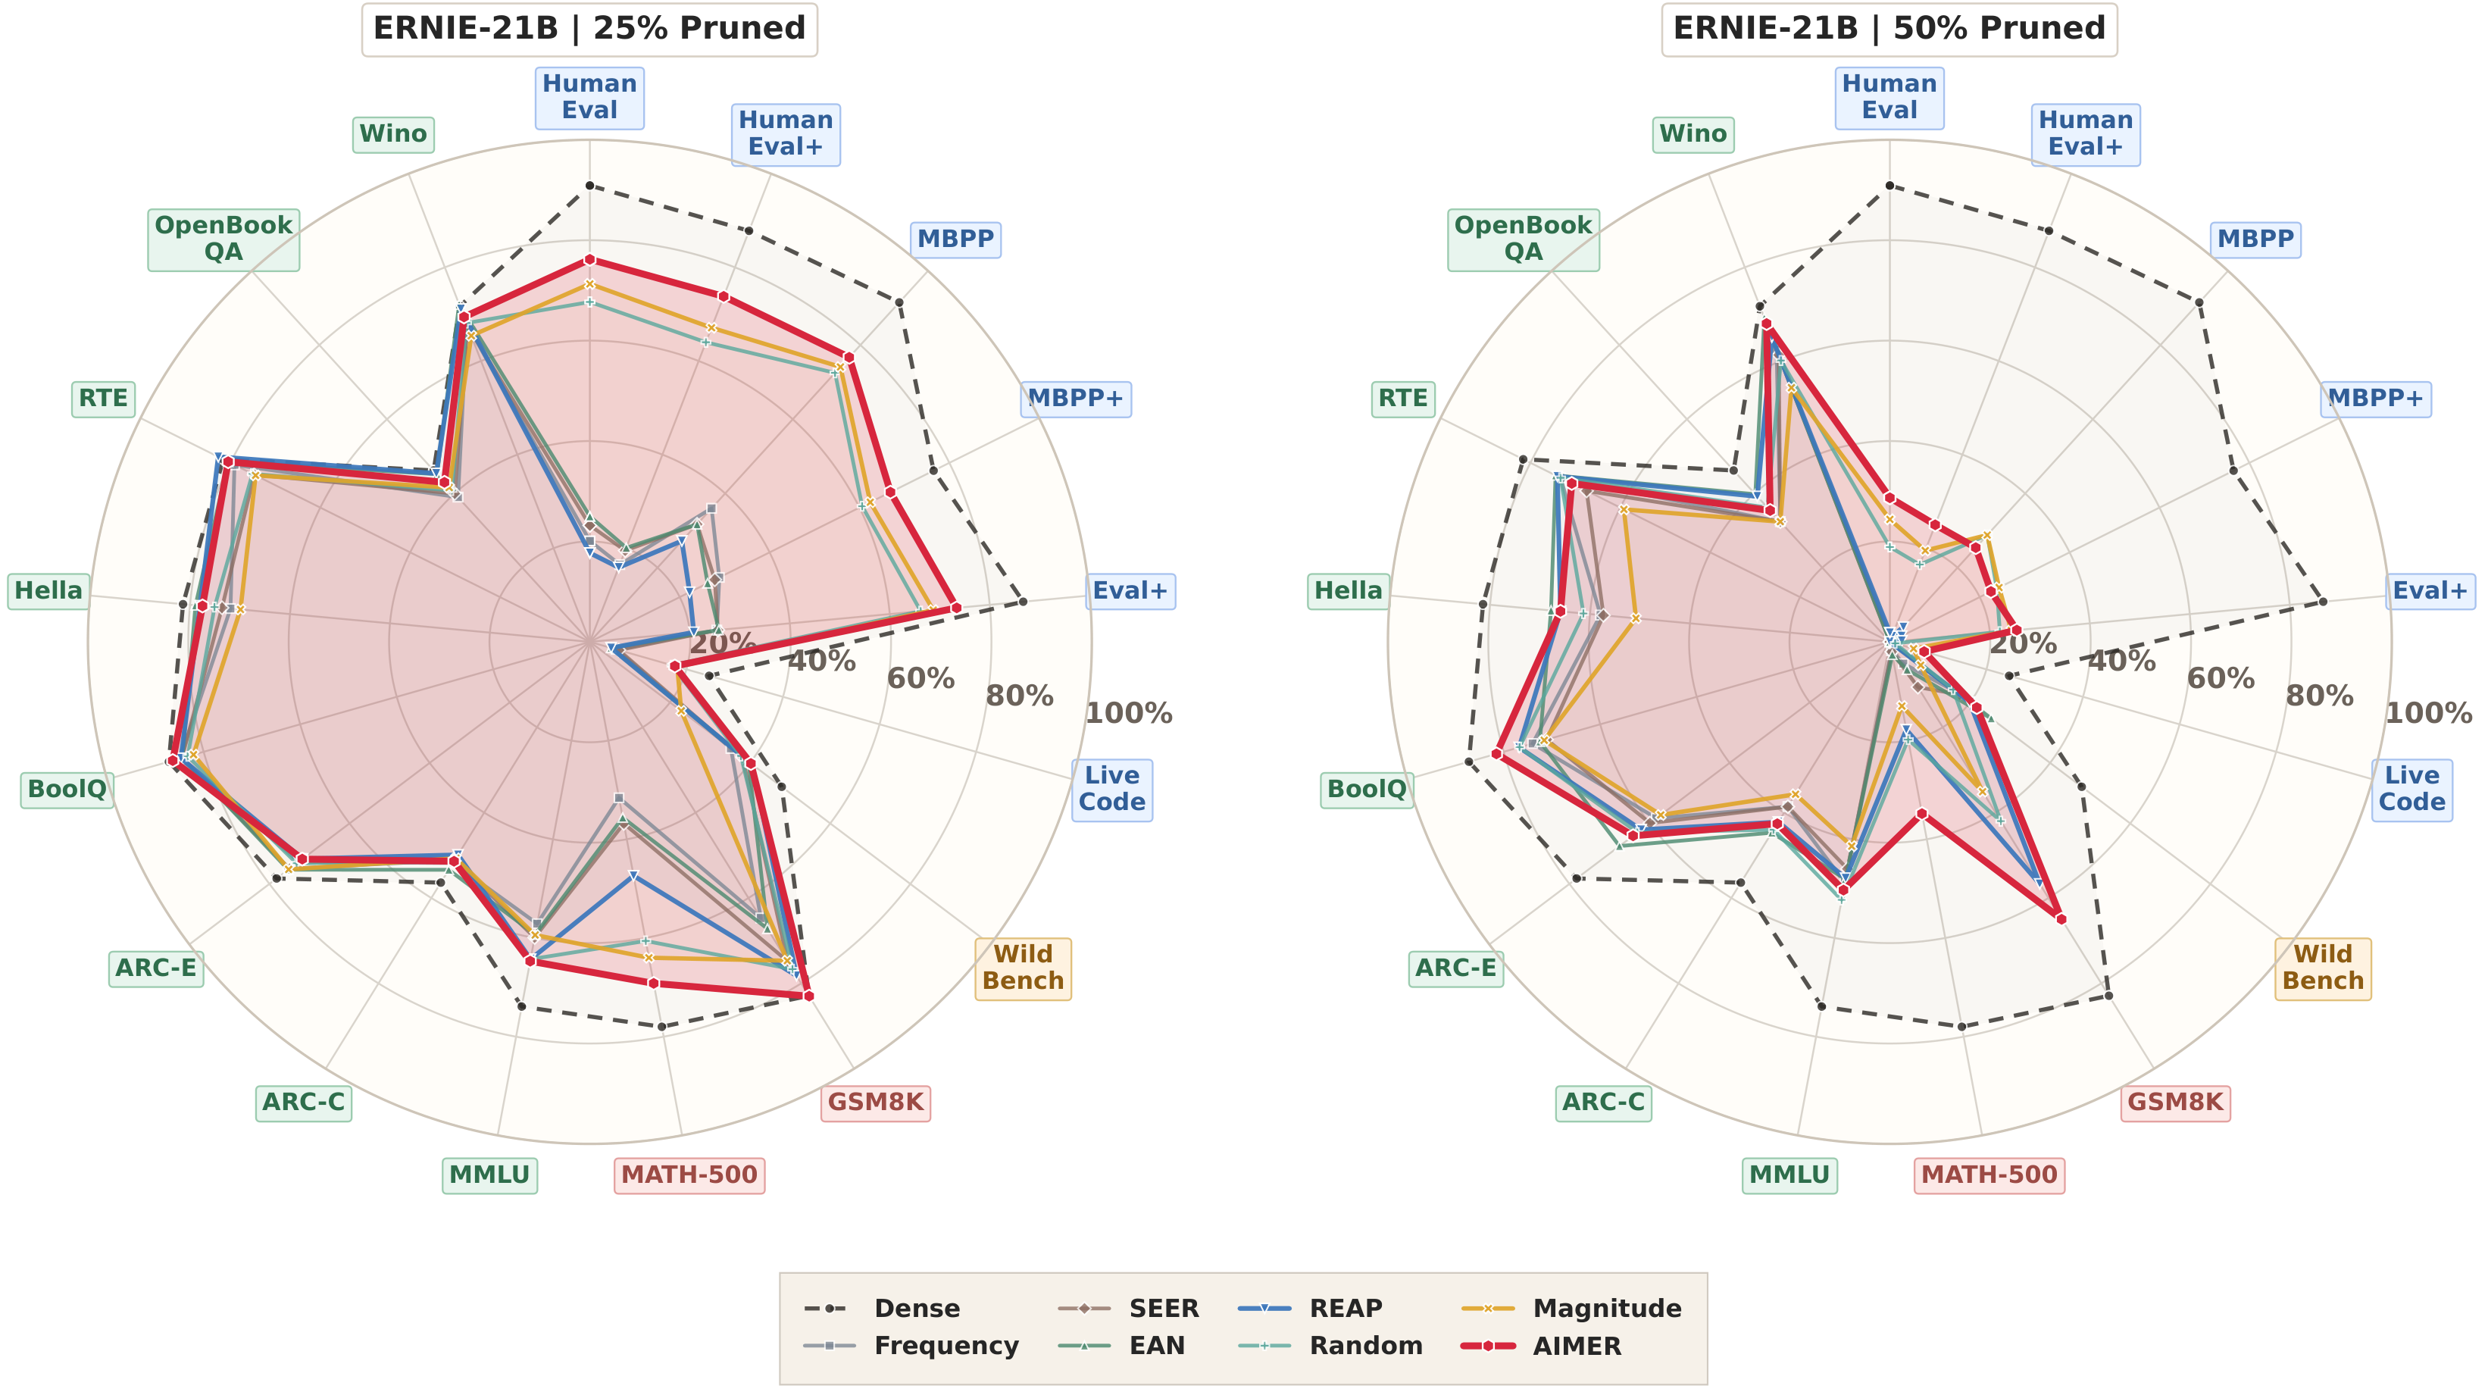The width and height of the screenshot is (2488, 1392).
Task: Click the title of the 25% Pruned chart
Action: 589,29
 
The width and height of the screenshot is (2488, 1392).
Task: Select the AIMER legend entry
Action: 1577,1346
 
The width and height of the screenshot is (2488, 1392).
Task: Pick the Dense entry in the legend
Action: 916,1308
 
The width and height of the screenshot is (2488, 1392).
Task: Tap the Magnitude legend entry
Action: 1606,1308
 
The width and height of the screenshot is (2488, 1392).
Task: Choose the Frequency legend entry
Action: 946,1346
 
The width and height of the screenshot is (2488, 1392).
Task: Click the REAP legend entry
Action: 1346,1308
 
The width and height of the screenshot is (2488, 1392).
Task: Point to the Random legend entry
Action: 1364,1346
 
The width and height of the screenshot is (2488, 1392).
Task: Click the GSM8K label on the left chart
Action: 875,1103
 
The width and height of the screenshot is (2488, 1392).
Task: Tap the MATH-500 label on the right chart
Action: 1989,1175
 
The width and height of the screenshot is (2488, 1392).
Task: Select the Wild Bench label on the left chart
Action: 1023,968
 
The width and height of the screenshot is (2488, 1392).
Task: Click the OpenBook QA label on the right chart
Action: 1523,239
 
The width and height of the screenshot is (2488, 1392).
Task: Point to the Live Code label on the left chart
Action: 1111,788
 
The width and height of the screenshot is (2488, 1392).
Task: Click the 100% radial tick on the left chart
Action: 1129,714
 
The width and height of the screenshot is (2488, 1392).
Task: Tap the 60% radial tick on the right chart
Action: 2221,678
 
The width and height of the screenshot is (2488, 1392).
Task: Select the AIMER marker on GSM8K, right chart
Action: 2060,918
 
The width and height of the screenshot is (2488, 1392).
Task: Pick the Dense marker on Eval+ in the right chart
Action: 2322,602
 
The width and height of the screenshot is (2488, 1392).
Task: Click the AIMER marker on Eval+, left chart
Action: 955,608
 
